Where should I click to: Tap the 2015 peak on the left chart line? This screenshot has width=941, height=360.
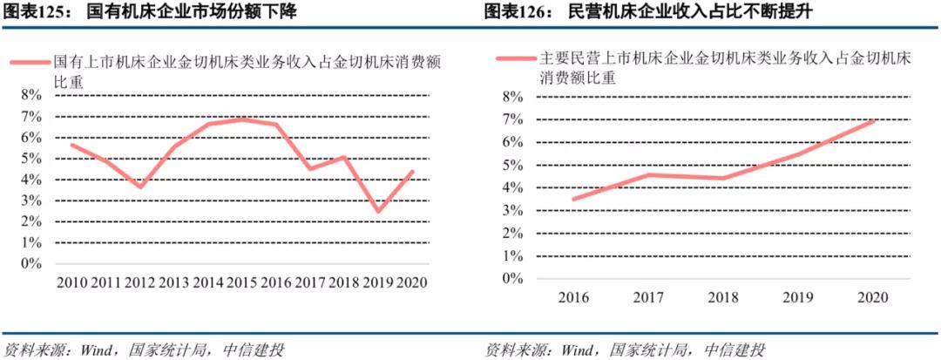tap(241, 119)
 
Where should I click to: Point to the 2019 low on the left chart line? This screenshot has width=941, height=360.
tap(377, 211)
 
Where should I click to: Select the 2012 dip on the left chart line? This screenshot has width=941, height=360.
tap(140, 187)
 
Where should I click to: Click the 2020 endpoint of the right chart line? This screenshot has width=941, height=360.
tap(875, 120)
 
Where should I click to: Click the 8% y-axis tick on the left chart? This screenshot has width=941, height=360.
tap(30, 95)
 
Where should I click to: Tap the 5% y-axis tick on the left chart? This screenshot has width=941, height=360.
tap(30, 159)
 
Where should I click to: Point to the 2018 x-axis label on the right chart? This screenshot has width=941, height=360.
tap(723, 297)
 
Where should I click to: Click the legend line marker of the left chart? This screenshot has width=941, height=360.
tap(30, 64)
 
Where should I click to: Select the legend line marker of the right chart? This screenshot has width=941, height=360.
tap(514, 59)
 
